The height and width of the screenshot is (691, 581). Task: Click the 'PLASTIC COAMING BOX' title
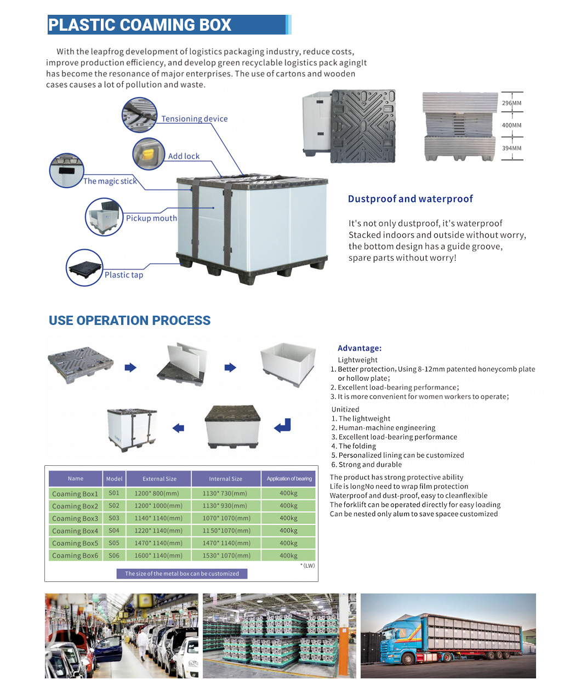[x=140, y=25]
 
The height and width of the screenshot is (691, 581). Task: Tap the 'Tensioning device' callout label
[x=194, y=119]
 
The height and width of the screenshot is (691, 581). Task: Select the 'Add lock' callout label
[x=184, y=156]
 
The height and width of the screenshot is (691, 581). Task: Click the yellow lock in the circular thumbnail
[x=147, y=152]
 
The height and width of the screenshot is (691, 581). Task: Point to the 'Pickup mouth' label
[x=151, y=218]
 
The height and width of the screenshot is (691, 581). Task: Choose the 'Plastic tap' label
[x=124, y=275]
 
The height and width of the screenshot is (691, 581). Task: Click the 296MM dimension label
[x=511, y=103]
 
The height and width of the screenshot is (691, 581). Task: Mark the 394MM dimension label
[x=511, y=149]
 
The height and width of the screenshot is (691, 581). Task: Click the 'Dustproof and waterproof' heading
[x=410, y=199]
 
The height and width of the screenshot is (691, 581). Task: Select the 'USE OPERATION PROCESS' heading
[x=129, y=321]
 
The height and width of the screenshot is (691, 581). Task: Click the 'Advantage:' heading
[x=360, y=348]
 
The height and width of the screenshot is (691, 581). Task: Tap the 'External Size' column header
[x=160, y=479]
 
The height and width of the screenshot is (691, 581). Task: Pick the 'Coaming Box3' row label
[x=75, y=518]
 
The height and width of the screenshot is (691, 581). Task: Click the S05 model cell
[x=114, y=543]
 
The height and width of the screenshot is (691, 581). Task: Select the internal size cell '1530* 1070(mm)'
[x=226, y=556]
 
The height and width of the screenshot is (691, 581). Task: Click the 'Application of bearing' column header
[x=289, y=479]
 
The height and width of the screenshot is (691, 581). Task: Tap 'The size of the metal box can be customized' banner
[x=182, y=574]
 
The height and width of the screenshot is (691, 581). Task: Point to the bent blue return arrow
[x=282, y=426]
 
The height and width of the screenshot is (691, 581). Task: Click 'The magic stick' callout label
[x=110, y=181]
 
